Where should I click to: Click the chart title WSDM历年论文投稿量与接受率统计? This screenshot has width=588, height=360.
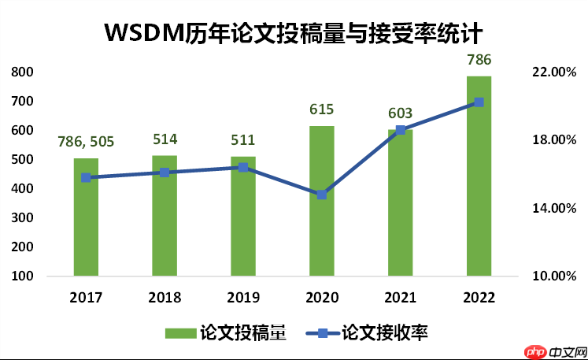(293, 32)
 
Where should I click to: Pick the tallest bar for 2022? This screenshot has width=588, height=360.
(479, 181)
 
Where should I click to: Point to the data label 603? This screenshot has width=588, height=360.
(400, 113)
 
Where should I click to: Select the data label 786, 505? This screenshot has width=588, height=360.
(86, 142)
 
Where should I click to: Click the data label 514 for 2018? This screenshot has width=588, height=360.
(165, 139)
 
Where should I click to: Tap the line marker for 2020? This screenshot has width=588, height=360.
(321, 194)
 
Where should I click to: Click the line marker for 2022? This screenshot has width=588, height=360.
(479, 102)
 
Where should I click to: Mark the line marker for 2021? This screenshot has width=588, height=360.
(400, 130)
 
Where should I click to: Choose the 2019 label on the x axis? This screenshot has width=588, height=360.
(243, 298)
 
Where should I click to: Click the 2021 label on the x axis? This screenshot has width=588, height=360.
(400, 298)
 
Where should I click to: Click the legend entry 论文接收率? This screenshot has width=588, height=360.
(370, 332)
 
